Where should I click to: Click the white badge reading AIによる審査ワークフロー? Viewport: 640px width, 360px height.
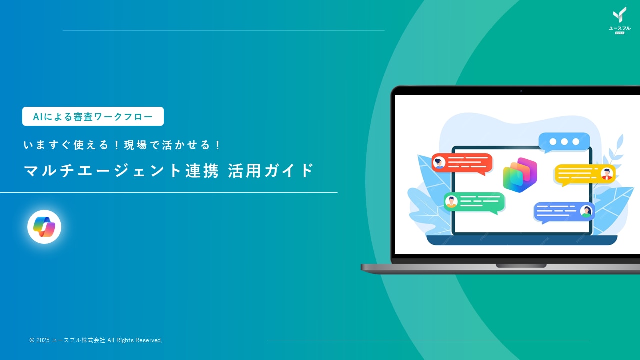point(93,116)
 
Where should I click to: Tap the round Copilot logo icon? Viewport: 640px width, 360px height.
point(44,227)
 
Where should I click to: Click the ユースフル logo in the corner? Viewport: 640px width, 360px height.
point(619,21)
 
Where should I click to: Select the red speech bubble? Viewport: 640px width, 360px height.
point(462,163)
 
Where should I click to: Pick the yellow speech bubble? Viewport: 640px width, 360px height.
point(584,174)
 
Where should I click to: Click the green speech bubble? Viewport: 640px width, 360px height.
point(474,202)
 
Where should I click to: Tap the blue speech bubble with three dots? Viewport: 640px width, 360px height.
point(564,142)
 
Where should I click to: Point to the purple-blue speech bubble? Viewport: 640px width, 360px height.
point(564,211)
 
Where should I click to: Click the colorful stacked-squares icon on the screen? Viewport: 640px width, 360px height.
point(520,175)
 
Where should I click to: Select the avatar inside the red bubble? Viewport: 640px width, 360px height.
point(440,162)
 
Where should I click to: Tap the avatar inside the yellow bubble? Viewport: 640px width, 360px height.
point(607,173)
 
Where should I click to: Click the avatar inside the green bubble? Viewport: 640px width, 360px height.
point(451,201)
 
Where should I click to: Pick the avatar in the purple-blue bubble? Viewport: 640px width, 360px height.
point(586,211)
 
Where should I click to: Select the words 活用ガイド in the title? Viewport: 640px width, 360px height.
point(271,171)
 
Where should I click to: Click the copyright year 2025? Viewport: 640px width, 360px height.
point(43,340)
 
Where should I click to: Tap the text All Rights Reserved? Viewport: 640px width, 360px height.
point(135,340)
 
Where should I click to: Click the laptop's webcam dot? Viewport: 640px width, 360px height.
point(521,91)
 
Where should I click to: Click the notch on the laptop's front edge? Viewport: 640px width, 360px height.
point(521,266)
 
